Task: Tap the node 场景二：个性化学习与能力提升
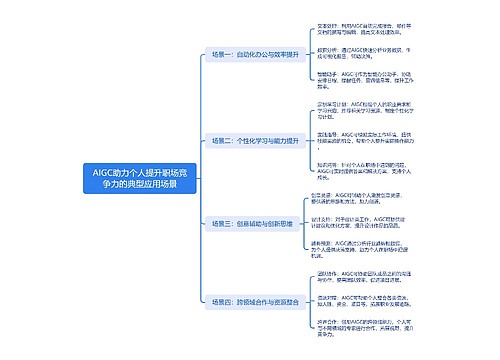255,141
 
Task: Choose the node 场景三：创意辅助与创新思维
253,224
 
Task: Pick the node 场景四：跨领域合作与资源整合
255,300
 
